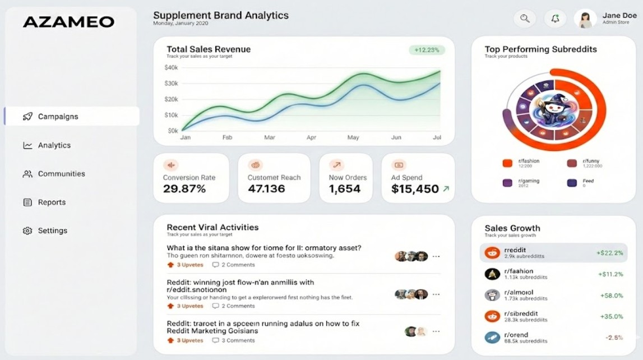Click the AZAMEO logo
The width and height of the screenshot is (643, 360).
[x=68, y=22]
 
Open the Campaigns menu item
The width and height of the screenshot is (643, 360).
[x=58, y=117]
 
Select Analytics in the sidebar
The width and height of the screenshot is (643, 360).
[x=54, y=145]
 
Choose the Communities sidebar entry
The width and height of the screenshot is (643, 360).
[x=61, y=174]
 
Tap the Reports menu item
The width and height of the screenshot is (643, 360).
[x=52, y=202]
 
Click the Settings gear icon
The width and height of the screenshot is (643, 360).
[x=27, y=231]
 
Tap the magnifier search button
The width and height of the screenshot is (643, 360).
[x=525, y=19]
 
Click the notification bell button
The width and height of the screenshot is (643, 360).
[x=555, y=19]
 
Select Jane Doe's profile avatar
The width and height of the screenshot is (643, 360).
[x=585, y=19]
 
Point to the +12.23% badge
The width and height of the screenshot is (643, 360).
[x=427, y=50]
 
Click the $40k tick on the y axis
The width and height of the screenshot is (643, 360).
[x=171, y=68]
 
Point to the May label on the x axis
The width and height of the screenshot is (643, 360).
[x=353, y=137]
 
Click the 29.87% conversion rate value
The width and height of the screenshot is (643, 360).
[x=184, y=189]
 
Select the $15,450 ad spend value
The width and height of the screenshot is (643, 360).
[x=415, y=190]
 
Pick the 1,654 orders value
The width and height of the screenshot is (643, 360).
[x=344, y=189]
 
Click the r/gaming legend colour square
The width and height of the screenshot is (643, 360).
[x=507, y=183]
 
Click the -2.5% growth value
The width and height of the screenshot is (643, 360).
[x=614, y=338]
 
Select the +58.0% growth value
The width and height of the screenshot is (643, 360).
[x=612, y=296]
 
